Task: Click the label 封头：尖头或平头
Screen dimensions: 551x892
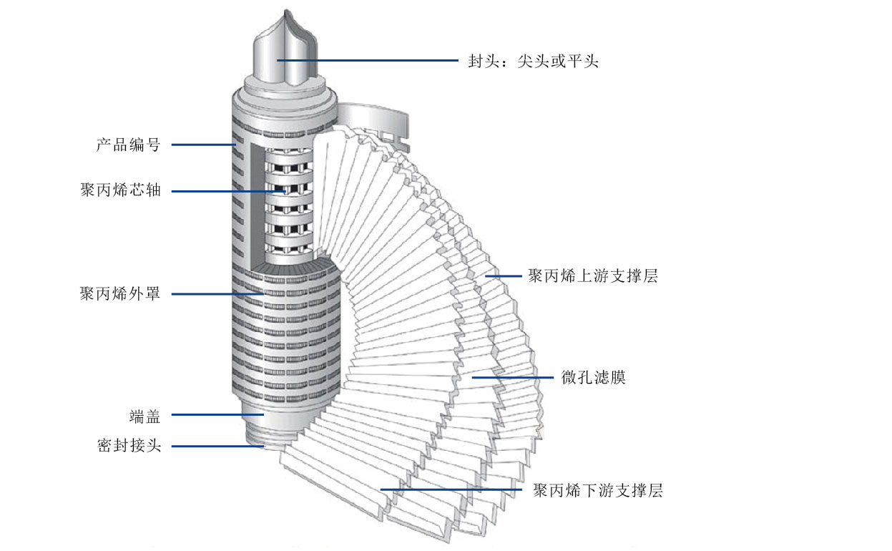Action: coord(533,62)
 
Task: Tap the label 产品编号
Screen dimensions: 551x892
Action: coord(128,145)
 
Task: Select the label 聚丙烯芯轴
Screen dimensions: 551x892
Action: coord(120,191)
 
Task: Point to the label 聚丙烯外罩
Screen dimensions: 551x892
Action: coord(120,294)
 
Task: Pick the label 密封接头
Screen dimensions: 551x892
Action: coord(129,446)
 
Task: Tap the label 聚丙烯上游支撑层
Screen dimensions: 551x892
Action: coord(592,276)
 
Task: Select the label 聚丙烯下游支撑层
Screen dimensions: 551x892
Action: coord(597,491)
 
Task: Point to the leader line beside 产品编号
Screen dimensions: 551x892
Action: coord(204,145)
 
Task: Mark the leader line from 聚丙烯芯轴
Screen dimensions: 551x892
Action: coord(229,191)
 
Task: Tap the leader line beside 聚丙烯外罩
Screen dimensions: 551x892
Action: coord(218,294)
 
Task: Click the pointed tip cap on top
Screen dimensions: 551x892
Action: coord(286,50)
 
